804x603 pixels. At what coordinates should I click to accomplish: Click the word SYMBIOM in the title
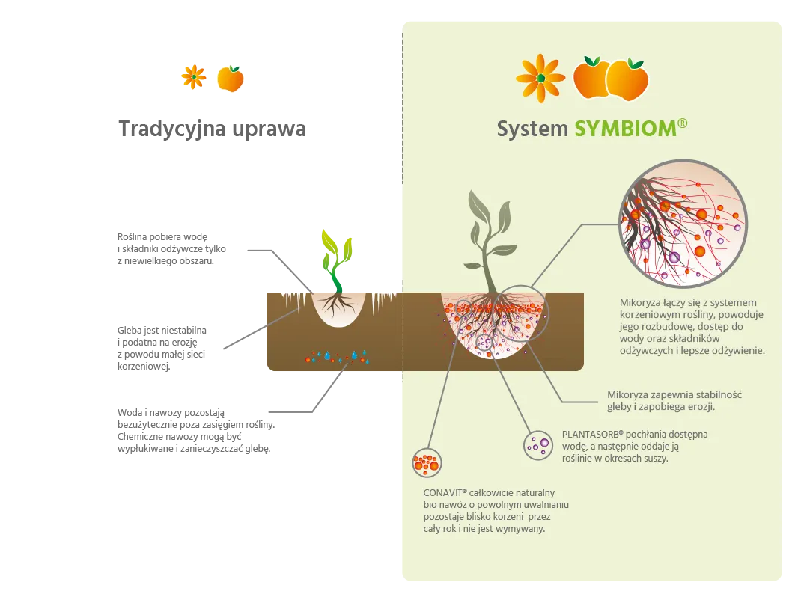pos(626,129)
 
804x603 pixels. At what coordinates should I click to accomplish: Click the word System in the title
pos(532,129)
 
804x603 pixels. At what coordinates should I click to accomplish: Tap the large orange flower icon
pos(540,78)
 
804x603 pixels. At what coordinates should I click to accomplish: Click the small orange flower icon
pos(194,76)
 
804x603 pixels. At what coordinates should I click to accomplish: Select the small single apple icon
pos(231,79)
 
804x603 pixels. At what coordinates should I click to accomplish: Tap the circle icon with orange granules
pos(427,462)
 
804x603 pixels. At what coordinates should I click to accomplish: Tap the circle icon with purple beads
pos(537,444)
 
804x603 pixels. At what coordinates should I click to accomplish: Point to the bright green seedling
pos(336,258)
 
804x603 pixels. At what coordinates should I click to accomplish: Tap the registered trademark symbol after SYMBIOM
pos(682,123)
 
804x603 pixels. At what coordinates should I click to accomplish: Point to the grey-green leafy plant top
pos(487,224)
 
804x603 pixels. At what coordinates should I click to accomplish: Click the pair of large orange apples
pos(610,78)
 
